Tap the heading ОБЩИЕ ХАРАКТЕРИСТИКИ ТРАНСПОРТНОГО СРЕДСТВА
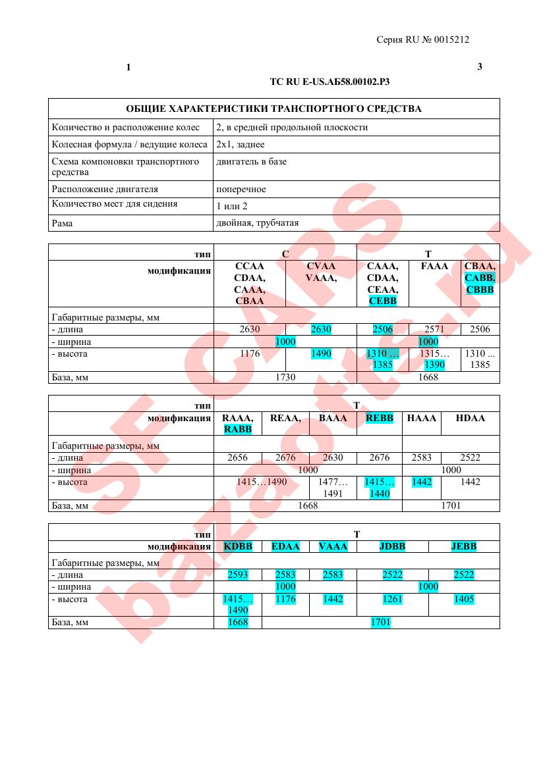[273, 109]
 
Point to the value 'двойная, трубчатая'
[252, 223]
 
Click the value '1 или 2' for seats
[232, 206]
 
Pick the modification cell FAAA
[434, 267]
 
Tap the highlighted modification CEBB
[383, 301]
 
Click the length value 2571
[434, 329]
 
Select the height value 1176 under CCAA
[249, 354]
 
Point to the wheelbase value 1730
[285, 377]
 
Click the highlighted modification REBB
[379, 418]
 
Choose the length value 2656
[237, 457]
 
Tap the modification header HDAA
[470, 418]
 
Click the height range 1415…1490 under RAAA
[262, 482]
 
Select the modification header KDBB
[238, 546]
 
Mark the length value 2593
[237, 575]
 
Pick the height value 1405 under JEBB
[463, 599]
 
